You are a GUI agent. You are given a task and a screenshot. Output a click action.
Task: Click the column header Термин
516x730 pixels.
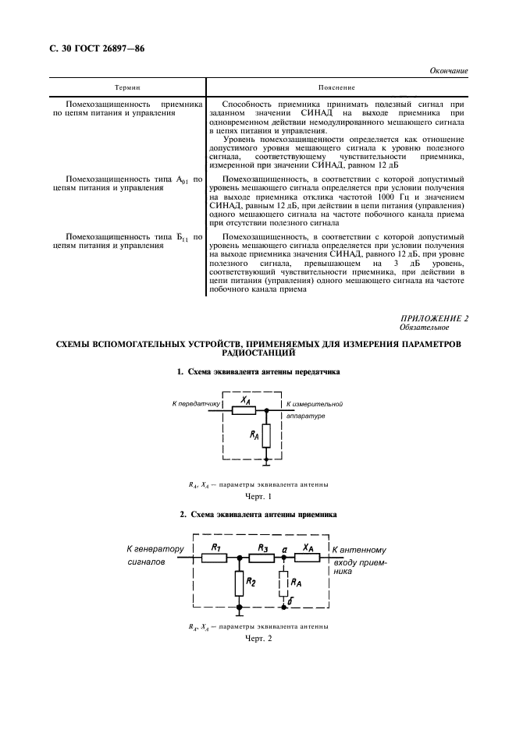click(x=127, y=87)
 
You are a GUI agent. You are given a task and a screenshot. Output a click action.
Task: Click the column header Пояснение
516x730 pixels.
click(x=336, y=87)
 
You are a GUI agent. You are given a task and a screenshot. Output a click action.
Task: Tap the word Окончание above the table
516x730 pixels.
click(x=449, y=71)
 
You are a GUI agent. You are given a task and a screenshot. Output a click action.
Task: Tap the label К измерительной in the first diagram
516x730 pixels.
click(x=315, y=403)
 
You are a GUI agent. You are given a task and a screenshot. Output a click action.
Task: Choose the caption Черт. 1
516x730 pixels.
click(x=258, y=496)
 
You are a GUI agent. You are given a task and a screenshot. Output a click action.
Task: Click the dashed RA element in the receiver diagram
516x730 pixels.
click(x=283, y=583)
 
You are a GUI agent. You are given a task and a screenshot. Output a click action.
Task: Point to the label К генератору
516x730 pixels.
click(x=155, y=549)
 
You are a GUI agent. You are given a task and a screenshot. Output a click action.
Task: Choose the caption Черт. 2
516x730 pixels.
click(x=258, y=639)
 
